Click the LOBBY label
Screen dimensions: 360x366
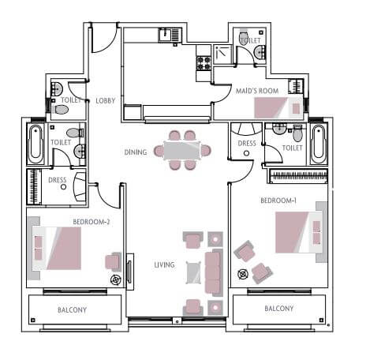(x=105, y=100)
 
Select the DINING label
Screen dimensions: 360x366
(x=135, y=152)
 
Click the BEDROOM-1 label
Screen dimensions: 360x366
(x=278, y=201)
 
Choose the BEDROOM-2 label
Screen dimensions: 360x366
(x=91, y=222)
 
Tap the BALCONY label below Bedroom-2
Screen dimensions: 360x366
(x=72, y=309)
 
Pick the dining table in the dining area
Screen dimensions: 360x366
(x=182, y=150)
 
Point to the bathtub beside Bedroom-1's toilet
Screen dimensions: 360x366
(x=318, y=144)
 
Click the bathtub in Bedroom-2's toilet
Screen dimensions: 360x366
(x=37, y=144)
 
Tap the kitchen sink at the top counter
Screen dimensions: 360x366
(x=166, y=34)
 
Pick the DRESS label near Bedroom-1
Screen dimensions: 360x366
(x=247, y=144)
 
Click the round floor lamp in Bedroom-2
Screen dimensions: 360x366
(x=117, y=279)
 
